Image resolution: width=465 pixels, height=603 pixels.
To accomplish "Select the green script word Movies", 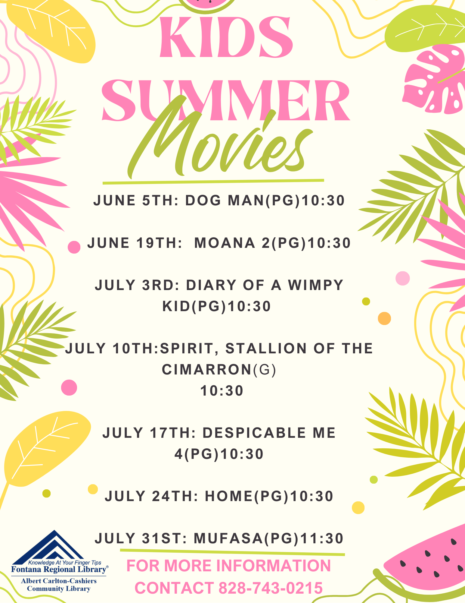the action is [220, 142].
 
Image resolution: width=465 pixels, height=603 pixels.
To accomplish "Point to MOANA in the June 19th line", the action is [225, 243].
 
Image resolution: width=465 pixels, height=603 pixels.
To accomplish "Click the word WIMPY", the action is [316, 285].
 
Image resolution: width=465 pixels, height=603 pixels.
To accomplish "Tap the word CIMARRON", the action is [207, 370].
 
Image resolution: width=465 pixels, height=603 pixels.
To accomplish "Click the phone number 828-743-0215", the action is [271, 588].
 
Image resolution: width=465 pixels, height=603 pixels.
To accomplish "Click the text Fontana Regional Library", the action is [59, 569].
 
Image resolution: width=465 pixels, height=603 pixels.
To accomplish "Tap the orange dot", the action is [384, 318].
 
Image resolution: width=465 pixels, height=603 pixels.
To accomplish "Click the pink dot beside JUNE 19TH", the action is [74, 247].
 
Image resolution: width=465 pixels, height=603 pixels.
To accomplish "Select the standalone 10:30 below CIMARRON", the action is [222, 391].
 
